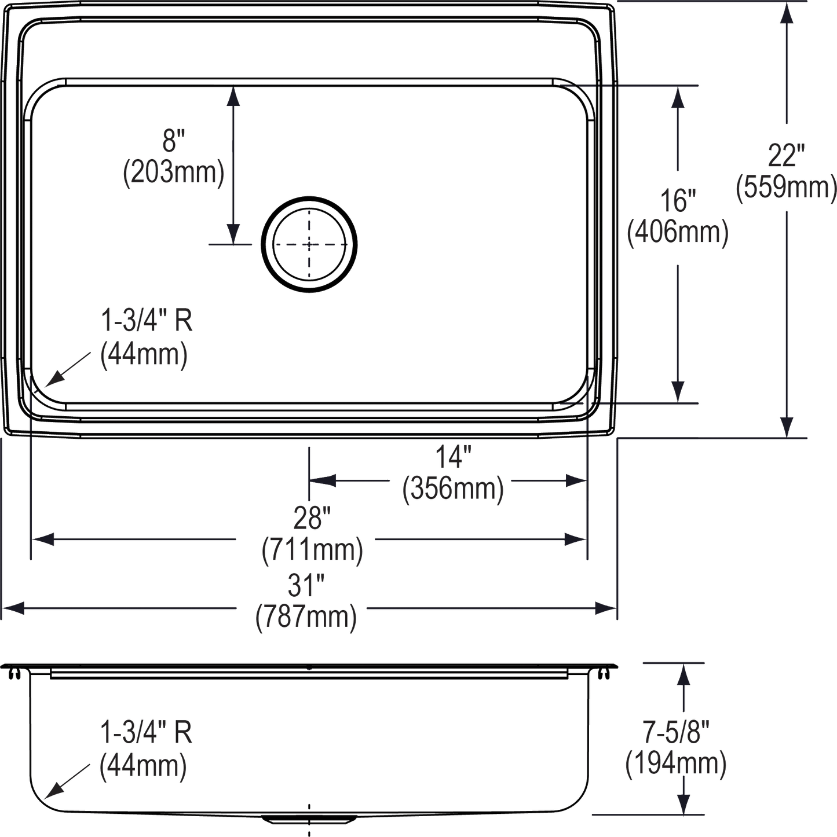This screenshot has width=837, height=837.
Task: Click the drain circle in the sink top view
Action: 309,244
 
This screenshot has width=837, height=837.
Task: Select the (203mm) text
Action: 173,172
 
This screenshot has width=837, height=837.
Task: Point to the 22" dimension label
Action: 786,156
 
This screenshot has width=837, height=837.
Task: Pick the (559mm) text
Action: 786,188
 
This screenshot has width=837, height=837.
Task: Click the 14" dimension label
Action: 452,460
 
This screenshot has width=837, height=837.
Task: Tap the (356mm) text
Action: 452,490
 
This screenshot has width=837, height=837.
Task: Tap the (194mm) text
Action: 676,763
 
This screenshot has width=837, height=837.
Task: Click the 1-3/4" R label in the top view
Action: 147,321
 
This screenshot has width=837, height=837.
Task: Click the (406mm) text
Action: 677,234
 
